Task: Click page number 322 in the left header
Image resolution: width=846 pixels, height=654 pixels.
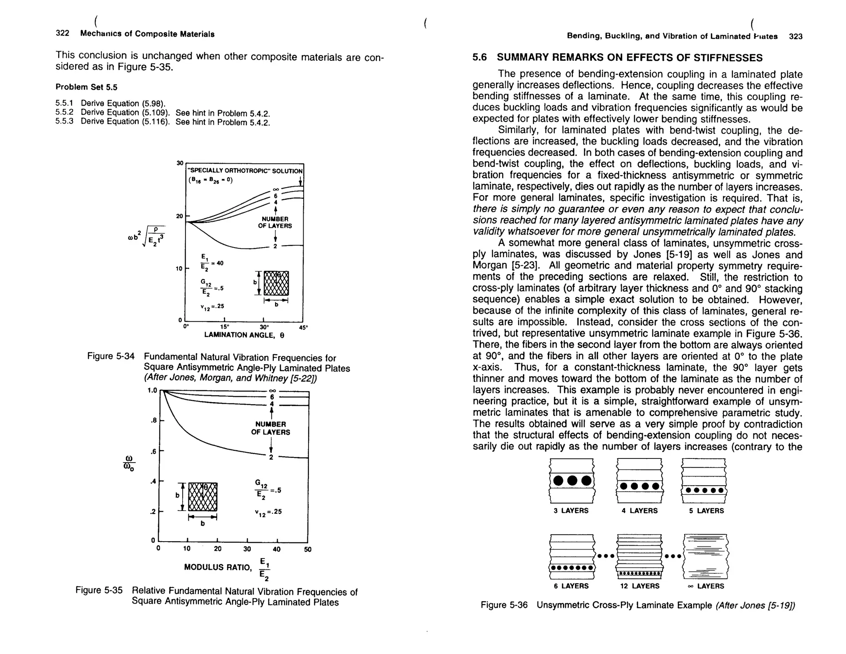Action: (x=62, y=33)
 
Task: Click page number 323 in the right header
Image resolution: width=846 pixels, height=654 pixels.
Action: (x=795, y=36)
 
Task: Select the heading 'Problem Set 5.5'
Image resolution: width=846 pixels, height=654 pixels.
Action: (x=86, y=87)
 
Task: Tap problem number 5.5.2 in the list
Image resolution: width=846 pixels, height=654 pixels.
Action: (x=64, y=112)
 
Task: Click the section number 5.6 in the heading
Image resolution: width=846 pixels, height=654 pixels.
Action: (x=480, y=57)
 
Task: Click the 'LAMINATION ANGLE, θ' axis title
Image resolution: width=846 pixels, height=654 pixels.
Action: (x=244, y=335)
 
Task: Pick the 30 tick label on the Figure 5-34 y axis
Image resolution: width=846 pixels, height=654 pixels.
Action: (x=180, y=163)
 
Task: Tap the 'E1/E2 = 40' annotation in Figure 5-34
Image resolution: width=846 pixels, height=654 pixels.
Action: (x=211, y=263)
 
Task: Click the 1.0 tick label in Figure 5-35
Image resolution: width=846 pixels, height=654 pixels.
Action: (x=152, y=390)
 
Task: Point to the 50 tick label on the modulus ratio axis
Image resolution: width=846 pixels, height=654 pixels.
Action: (x=307, y=549)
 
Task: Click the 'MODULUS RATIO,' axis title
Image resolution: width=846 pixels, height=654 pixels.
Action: (x=218, y=567)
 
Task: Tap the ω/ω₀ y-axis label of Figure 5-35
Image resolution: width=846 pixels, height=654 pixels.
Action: (x=129, y=463)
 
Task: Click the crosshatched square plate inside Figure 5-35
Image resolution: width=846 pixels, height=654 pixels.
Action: (x=202, y=496)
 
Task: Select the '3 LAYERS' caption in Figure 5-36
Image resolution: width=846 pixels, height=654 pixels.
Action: (x=571, y=511)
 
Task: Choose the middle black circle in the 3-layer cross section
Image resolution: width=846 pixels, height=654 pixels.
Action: (x=572, y=480)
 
